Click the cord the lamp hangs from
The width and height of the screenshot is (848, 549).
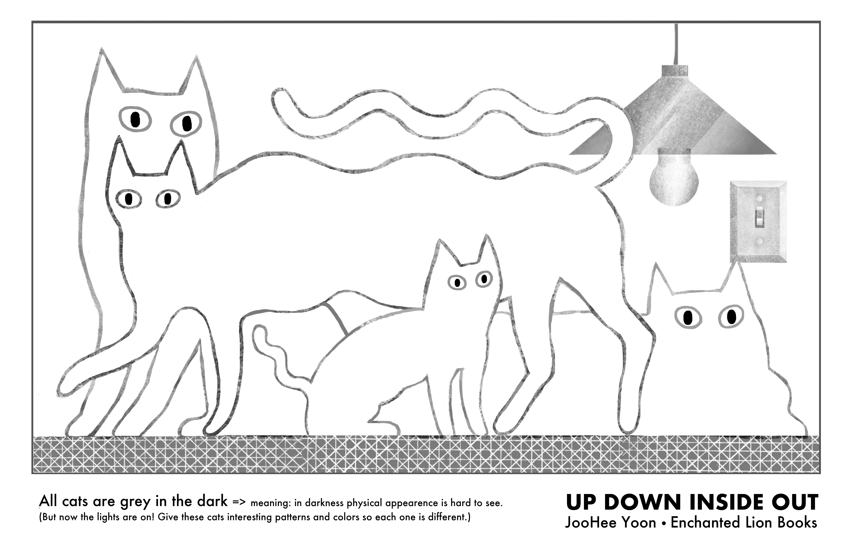click(x=676, y=45)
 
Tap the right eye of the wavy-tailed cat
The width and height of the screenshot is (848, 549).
click(x=168, y=199)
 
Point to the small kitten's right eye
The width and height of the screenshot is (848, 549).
click(x=484, y=279)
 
